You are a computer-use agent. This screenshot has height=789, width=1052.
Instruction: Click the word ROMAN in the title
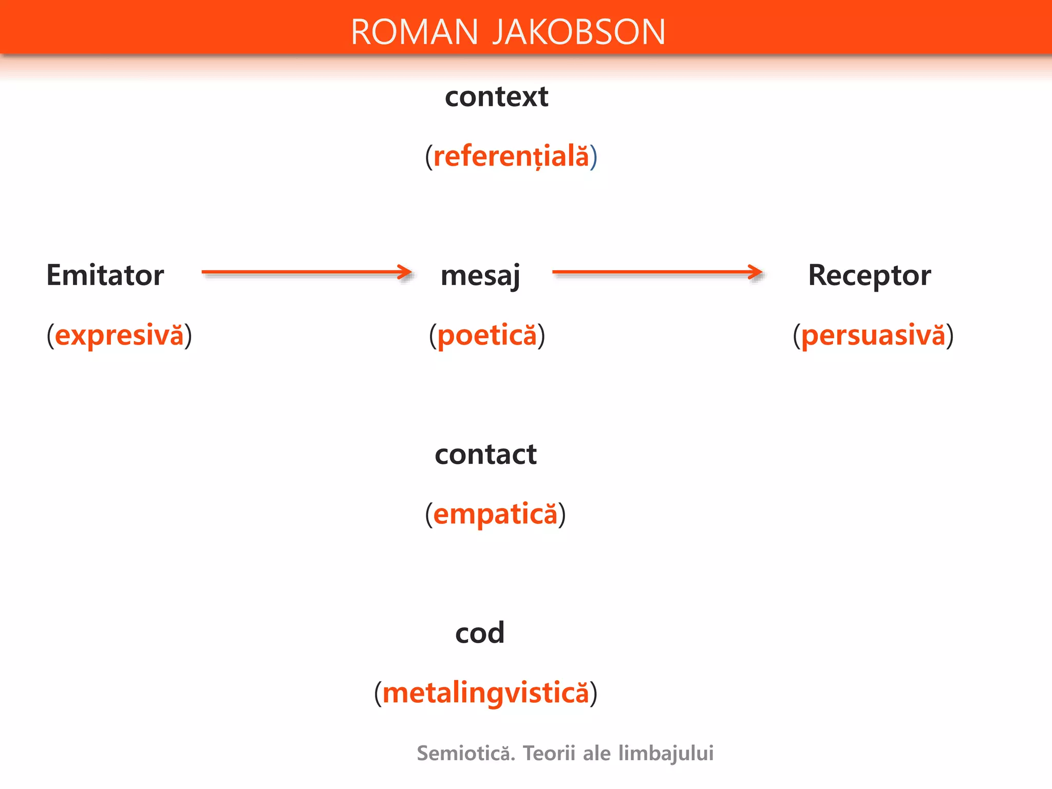414,32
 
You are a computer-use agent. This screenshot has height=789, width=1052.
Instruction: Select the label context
496,97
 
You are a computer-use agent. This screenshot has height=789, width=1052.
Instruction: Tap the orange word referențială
511,156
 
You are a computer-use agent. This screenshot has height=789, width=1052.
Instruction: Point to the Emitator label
105,275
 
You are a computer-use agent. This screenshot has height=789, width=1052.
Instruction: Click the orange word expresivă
119,335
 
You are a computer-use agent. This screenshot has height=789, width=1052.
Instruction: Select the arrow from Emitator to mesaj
306,272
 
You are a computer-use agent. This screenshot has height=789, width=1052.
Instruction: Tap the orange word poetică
487,335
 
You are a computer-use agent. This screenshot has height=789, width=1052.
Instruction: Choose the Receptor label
869,275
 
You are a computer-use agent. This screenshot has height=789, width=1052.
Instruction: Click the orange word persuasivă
873,335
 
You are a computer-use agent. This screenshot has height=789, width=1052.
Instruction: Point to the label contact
485,455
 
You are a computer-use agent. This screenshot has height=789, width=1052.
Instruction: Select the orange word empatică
495,514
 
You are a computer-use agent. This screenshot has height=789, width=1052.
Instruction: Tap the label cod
480,633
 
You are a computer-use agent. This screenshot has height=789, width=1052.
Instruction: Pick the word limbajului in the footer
666,754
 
